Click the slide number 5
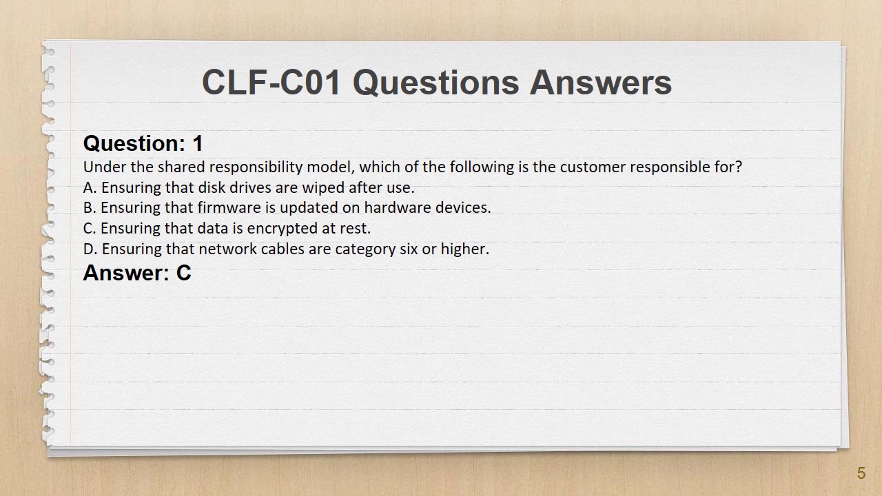click(x=861, y=473)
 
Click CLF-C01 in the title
click(x=271, y=83)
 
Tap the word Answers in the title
click(x=600, y=83)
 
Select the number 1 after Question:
click(x=198, y=143)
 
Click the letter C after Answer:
click(x=183, y=273)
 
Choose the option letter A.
click(x=90, y=188)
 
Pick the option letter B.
click(x=90, y=208)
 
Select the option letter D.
click(x=90, y=249)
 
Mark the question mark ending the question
click(x=738, y=167)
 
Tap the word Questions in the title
click(x=435, y=83)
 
